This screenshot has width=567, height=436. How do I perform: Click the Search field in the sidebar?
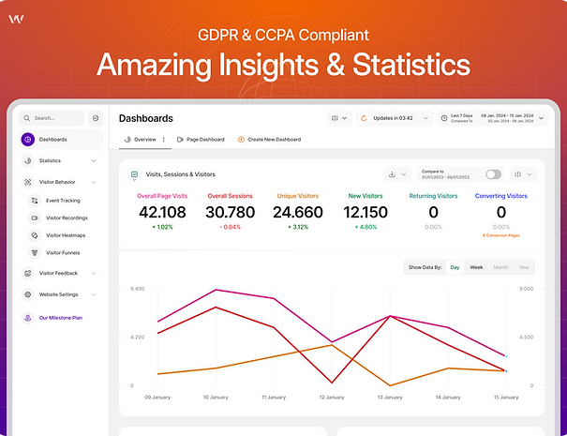coord(52,118)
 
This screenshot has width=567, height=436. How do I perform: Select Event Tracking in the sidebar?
coord(63,201)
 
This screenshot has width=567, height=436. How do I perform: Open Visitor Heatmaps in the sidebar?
coord(66,235)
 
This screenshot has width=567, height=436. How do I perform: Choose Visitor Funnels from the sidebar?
coord(64,252)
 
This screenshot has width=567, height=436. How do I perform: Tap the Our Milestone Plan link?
coord(60,318)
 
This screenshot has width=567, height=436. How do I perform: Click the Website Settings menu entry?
coord(58,294)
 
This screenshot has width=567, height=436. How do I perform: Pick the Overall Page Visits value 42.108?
coord(161,213)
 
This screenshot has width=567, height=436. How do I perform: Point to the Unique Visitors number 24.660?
coord(297,213)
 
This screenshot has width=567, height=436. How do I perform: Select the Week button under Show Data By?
coord(476,267)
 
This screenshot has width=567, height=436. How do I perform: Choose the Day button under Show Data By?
coord(455,267)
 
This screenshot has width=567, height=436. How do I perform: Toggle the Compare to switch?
coord(493,174)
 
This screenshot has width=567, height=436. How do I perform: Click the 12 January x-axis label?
coord(332,398)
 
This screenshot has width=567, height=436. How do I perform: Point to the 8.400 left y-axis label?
coord(137,289)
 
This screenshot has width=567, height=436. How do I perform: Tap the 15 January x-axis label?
coord(506,398)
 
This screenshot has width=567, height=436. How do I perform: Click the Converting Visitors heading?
coord(501,196)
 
